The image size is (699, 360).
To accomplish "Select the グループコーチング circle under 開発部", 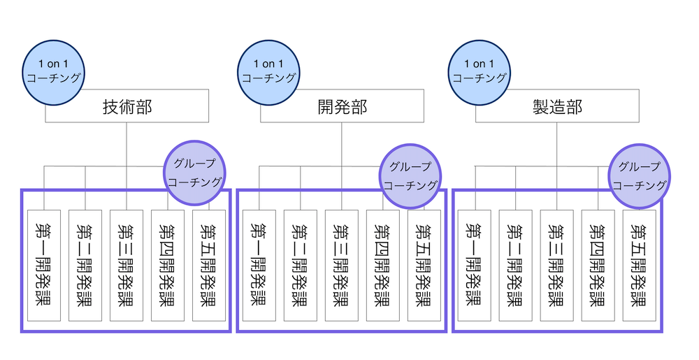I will pyautogui.click(x=412, y=176).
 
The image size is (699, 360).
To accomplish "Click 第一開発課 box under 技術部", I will pyautogui.click(x=44, y=266).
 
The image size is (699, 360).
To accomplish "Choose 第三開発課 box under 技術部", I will pyautogui.click(x=127, y=266).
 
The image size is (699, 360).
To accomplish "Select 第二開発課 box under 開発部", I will pyautogui.click(x=301, y=266).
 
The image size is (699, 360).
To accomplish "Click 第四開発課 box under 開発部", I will pyautogui.click(x=383, y=266).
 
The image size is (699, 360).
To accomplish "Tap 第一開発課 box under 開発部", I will pyautogui.click(x=259, y=266).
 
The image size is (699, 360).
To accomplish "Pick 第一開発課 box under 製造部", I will pyautogui.click(x=475, y=266).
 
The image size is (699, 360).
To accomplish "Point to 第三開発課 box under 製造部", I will pyautogui.click(x=557, y=266).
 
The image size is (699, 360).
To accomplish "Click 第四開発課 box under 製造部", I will pyautogui.click(x=598, y=266).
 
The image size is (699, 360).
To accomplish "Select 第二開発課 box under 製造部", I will pyautogui.click(x=516, y=266).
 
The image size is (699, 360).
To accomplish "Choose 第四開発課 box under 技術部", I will pyautogui.click(x=168, y=266).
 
